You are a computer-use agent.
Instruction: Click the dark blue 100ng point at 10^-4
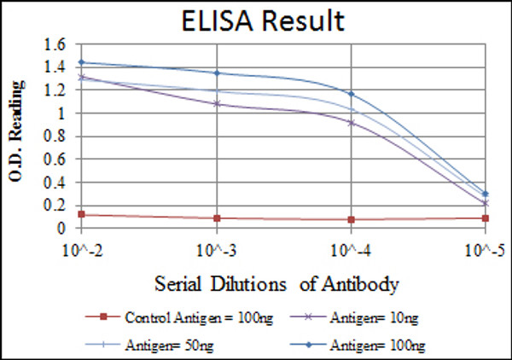(351, 94)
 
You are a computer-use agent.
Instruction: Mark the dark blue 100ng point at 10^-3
(218, 73)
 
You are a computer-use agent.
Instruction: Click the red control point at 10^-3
(218, 218)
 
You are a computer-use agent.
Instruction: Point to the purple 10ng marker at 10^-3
(218, 104)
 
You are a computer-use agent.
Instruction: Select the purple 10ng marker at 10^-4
(351, 122)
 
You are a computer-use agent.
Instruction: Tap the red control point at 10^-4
(351, 219)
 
